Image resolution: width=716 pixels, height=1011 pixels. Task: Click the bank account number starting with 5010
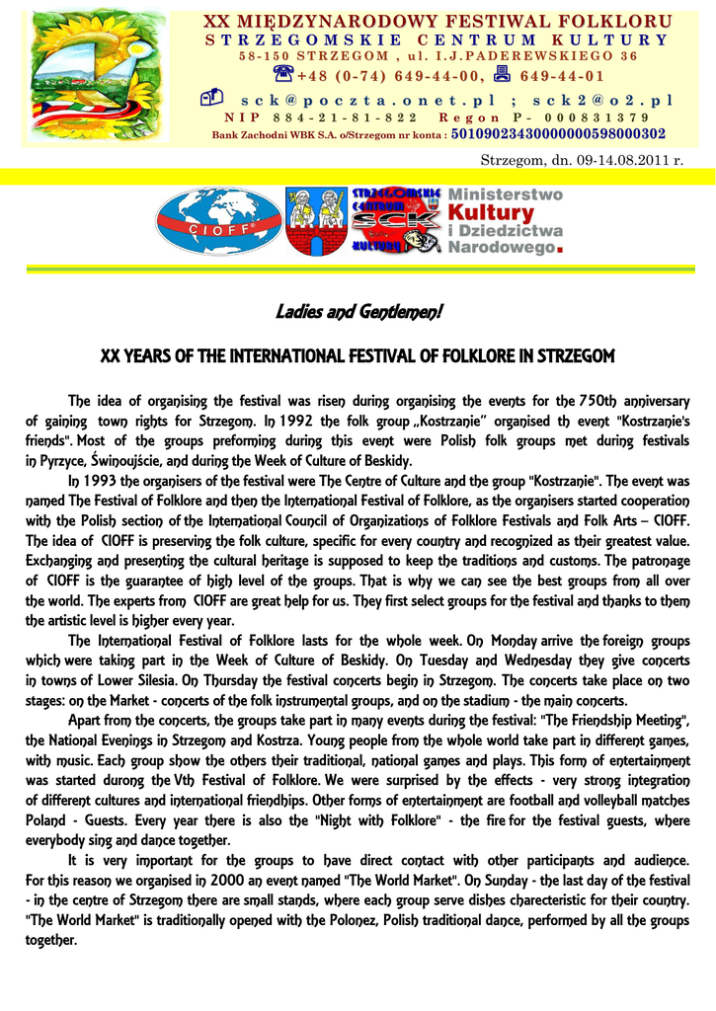pos(558,133)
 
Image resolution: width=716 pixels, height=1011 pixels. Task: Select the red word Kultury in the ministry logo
pos(491,212)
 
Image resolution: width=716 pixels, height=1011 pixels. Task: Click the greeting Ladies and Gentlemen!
pos(358,313)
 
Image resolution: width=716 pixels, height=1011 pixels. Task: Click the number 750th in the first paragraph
pos(599,401)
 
